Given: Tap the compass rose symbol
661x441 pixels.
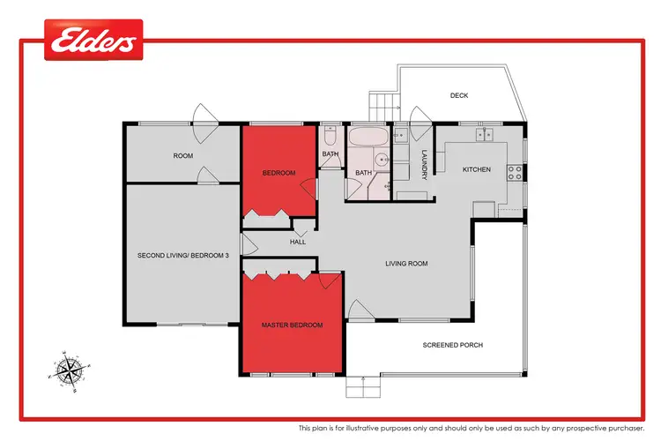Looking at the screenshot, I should click(x=68, y=369).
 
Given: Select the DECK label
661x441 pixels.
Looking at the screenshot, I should click(x=458, y=95).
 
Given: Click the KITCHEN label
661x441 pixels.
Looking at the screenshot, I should click(x=476, y=169).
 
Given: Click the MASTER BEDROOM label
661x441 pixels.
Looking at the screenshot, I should click(x=292, y=325).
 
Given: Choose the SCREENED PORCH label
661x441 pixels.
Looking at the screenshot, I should click(x=453, y=345).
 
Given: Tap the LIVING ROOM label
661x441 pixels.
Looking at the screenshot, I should click(x=406, y=263).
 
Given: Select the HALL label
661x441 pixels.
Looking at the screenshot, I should click(x=298, y=242).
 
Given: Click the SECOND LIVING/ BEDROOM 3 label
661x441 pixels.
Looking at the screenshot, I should click(x=183, y=256).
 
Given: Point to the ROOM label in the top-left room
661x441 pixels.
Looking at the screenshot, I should click(x=182, y=156).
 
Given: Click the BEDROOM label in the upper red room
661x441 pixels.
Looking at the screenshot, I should click(x=279, y=173).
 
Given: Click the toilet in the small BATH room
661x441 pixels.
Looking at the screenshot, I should click(x=329, y=138).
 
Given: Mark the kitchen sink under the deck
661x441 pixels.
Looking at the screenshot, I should click(x=482, y=135).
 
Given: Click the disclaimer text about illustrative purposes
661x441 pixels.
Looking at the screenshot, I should click(x=471, y=428).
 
